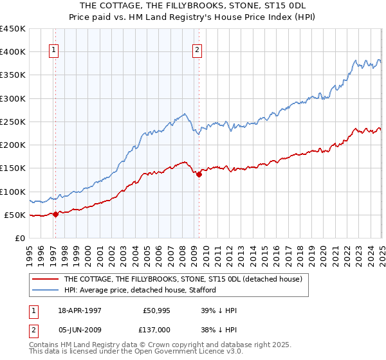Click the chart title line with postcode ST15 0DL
point(193,5)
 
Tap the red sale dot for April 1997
point(55,215)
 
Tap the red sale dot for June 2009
point(199,174)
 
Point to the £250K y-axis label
point(13,122)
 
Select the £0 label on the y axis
point(19,238)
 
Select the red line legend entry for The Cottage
point(187,280)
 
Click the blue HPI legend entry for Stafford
point(145,290)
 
